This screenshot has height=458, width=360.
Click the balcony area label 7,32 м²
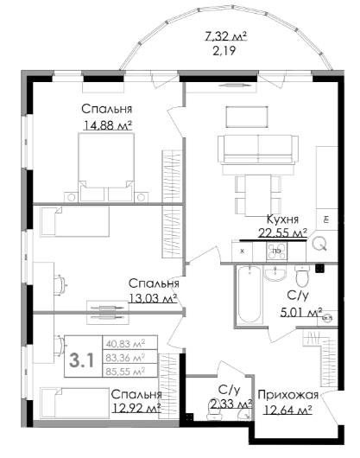pyautogui.click(x=226, y=36)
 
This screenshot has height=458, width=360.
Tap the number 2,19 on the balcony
pyautogui.click(x=224, y=51)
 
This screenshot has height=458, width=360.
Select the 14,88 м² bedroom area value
pyautogui.click(x=108, y=125)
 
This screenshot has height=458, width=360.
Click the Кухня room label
pyautogui.click(x=282, y=219)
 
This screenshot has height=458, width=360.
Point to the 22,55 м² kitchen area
pyautogui.click(x=282, y=232)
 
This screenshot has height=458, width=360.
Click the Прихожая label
pyautogui.click(x=288, y=395)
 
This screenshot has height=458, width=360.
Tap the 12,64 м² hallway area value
pyautogui.click(x=288, y=410)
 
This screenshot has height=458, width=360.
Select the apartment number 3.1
pyautogui.click(x=82, y=359)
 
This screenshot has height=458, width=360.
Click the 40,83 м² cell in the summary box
pyautogui.click(x=126, y=344)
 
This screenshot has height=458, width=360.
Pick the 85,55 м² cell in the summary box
pyautogui.click(x=126, y=372)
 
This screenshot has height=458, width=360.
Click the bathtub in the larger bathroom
pyautogui.click(x=249, y=294)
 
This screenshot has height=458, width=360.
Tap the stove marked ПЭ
pyautogui.click(x=276, y=251)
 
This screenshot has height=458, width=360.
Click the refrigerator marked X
pyautogui.click(x=242, y=251)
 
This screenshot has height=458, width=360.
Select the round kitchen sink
pyautogui.click(x=319, y=243)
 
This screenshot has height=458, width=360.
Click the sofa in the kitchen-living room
pyautogui.click(x=258, y=149)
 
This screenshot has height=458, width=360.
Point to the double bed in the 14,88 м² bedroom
pyautogui.click(x=106, y=167)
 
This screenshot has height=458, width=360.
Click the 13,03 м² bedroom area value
pyautogui.click(x=153, y=298)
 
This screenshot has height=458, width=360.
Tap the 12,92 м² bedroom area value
pyautogui.click(x=136, y=408)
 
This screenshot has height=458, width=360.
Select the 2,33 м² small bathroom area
pyautogui.click(x=231, y=404)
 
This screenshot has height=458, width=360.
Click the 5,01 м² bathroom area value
pyautogui.click(x=301, y=312)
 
